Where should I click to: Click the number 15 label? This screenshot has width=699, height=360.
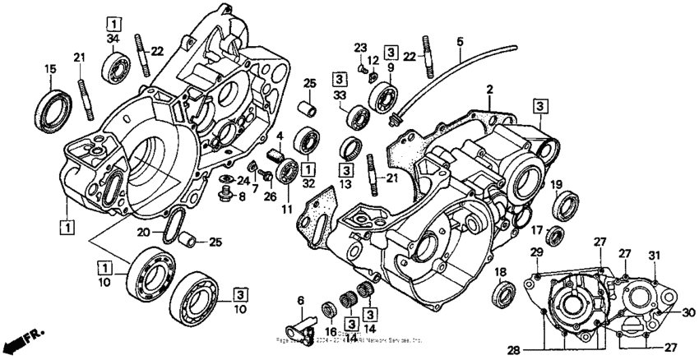point(49,70)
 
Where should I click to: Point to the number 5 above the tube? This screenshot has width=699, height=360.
point(460,41)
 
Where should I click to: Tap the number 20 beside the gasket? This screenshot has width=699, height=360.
point(143,233)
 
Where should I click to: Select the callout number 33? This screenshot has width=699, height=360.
point(338,95)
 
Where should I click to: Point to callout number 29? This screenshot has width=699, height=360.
point(536,252)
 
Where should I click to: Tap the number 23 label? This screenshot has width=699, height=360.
point(360,47)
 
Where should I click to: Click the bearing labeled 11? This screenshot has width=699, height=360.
point(289,171)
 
